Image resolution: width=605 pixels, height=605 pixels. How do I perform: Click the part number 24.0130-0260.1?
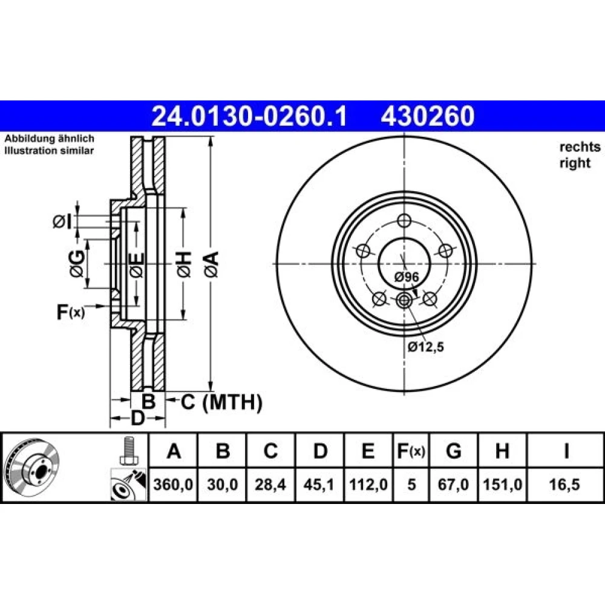[x=250, y=116]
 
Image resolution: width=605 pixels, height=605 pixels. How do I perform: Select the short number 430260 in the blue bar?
[x=428, y=116]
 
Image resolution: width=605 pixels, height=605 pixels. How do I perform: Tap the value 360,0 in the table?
[x=173, y=484]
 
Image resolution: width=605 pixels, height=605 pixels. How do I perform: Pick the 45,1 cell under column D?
[x=319, y=484]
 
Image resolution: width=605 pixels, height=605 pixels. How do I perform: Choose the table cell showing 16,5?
[x=564, y=484]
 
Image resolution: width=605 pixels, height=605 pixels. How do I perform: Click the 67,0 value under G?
[x=453, y=484]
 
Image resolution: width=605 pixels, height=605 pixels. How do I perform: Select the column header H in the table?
[x=502, y=451]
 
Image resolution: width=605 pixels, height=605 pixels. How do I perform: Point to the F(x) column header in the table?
[x=411, y=451]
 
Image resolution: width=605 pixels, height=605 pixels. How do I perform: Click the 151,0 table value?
[x=502, y=484]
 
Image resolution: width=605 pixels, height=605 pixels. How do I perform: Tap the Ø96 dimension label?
[x=407, y=276]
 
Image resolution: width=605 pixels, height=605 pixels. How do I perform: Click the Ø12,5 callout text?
[x=426, y=347]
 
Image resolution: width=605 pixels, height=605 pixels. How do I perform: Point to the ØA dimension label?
[x=211, y=264]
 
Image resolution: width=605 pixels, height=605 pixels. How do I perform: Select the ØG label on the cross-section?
[x=77, y=263]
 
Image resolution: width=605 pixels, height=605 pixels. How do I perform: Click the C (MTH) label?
[x=221, y=402]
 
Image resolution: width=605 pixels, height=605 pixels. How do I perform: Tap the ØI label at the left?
[x=62, y=222]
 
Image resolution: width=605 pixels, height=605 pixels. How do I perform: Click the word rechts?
[x=580, y=147]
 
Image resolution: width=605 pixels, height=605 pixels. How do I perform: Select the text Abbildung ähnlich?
[x=49, y=138]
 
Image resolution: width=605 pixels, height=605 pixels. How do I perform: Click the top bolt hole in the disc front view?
[x=404, y=221]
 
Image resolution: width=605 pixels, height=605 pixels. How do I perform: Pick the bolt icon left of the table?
[x=128, y=450]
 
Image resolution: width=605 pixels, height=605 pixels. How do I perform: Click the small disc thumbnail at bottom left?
[x=31, y=469]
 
